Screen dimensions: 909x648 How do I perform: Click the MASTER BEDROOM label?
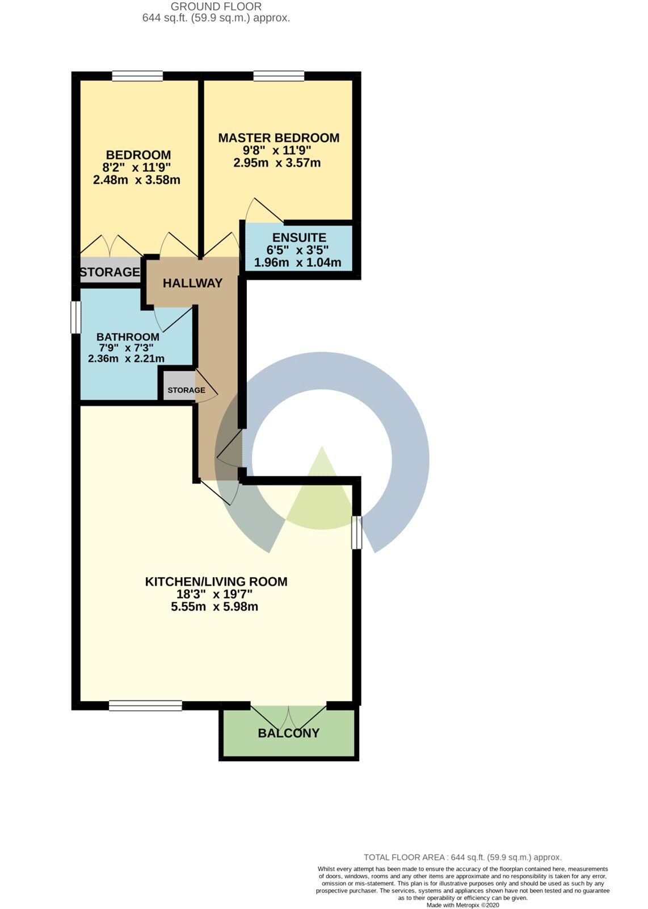[279, 138]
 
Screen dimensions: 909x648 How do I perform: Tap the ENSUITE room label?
[299, 237]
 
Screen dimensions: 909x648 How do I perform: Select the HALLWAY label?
[192, 283]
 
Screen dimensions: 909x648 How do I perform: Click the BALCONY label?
[288, 733]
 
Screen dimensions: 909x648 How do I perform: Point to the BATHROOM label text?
[128, 337]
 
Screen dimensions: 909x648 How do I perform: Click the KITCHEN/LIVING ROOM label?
[216, 582]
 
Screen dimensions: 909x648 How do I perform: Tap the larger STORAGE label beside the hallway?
[110, 272]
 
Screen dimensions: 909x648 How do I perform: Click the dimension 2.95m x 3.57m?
[277, 163]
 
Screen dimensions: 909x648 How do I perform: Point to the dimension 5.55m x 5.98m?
[214, 607]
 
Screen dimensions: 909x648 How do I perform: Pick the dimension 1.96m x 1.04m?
[297, 262]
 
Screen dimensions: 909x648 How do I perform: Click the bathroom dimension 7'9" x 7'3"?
[126, 348]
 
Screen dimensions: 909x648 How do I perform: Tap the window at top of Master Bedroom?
[279, 76]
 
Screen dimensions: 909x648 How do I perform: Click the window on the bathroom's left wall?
[75, 316]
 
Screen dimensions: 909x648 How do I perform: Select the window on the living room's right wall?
[356, 532]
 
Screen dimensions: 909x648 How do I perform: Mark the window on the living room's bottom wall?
[145, 706]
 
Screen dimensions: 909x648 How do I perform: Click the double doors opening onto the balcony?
[288, 713]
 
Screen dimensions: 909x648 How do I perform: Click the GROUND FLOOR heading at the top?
[216, 7]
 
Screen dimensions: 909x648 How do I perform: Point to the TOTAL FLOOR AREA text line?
[462, 857]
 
